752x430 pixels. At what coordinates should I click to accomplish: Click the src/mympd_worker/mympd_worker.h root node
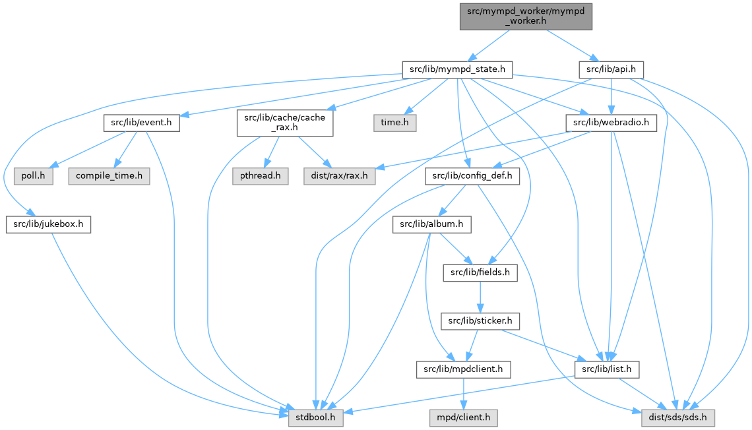(526, 15)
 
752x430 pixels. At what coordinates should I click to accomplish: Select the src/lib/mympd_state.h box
(458, 69)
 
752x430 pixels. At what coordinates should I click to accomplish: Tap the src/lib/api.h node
(611, 69)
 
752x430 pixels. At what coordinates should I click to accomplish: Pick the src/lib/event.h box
(141, 122)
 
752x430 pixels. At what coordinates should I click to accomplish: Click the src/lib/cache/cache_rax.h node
(285, 122)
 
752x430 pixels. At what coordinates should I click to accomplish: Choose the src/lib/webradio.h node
(611, 122)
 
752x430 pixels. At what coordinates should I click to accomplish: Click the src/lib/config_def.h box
(472, 176)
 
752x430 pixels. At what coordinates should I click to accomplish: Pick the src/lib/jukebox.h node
(48, 224)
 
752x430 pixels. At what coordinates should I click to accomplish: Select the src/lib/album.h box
(431, 224)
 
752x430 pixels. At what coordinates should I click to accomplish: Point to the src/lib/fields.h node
(480, 272)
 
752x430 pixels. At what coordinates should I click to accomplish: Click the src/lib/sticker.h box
(480, 321)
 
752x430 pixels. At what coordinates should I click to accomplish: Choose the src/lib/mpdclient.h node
(463, 369)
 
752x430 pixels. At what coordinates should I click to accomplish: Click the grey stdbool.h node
(315, 417)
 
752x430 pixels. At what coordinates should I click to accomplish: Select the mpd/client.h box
(463, 417)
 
